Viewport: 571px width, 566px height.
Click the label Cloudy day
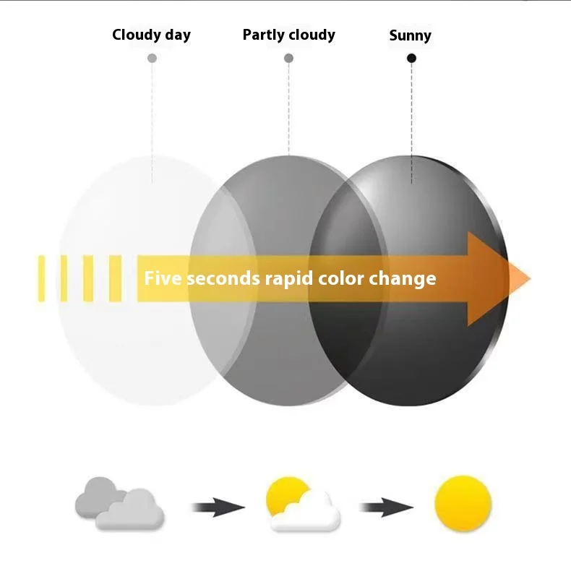[x=151, y=35]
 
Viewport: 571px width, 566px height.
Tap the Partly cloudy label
[x=288, y=35]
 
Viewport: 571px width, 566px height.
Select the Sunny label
[x=410, y=35]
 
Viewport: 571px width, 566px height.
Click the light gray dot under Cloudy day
[x=152, y=58]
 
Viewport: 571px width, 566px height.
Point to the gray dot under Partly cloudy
[x=288, y=58]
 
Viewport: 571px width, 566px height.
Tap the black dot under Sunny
[x=411, y=58]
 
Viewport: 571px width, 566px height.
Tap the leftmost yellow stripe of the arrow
[x=41, y=278]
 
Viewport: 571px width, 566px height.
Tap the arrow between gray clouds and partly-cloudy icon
[x=218, y=507]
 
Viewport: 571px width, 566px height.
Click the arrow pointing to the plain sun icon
[x=386, y=507]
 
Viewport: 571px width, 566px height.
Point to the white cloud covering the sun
[x=307, y=512]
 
